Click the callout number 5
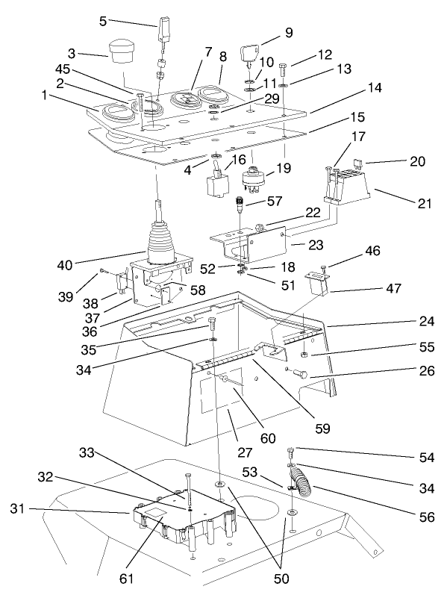click(103, 22)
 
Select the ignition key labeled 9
click(248, 53)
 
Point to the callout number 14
click(375, 88)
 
